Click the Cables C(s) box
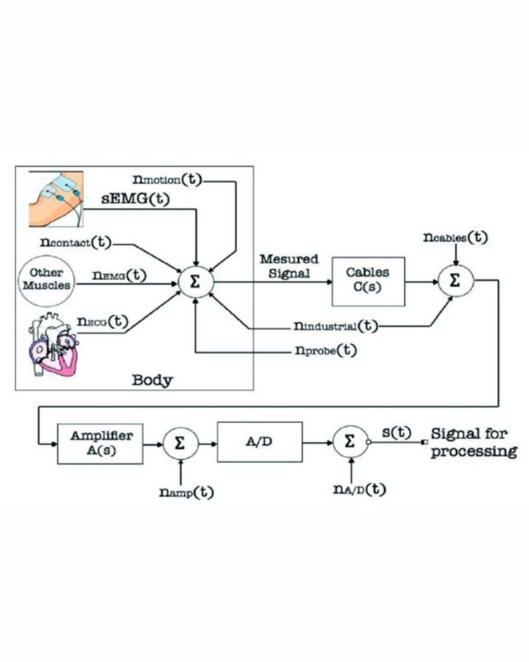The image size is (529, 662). [x=368, y=281]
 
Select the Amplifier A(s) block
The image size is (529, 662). [x=100, y=443]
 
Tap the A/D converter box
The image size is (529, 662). [x=260, y=442]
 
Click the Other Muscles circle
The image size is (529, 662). [x=47, y=279]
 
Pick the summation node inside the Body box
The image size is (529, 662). [x=195, y=281]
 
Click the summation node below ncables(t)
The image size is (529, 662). [x=456, y=281]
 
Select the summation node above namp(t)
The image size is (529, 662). [x=180, y=443]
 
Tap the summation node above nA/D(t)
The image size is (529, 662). [x=350, y=442]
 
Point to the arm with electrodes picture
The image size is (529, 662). [x=55, y=199]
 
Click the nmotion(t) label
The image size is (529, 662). [x=167, y=179]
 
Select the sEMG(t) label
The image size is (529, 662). [x=136, y=199]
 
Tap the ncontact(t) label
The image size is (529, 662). [x=76, y=242]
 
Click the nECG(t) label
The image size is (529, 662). [x=102, y=322]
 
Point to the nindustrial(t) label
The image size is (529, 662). [x=336, y=326]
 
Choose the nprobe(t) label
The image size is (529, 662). [x=326, y=351]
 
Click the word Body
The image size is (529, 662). [x=152, y=380]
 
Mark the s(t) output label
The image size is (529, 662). [x=396, y=433]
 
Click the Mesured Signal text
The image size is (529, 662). [x=289, y=266]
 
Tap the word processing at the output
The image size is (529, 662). [x=474, y=451]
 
